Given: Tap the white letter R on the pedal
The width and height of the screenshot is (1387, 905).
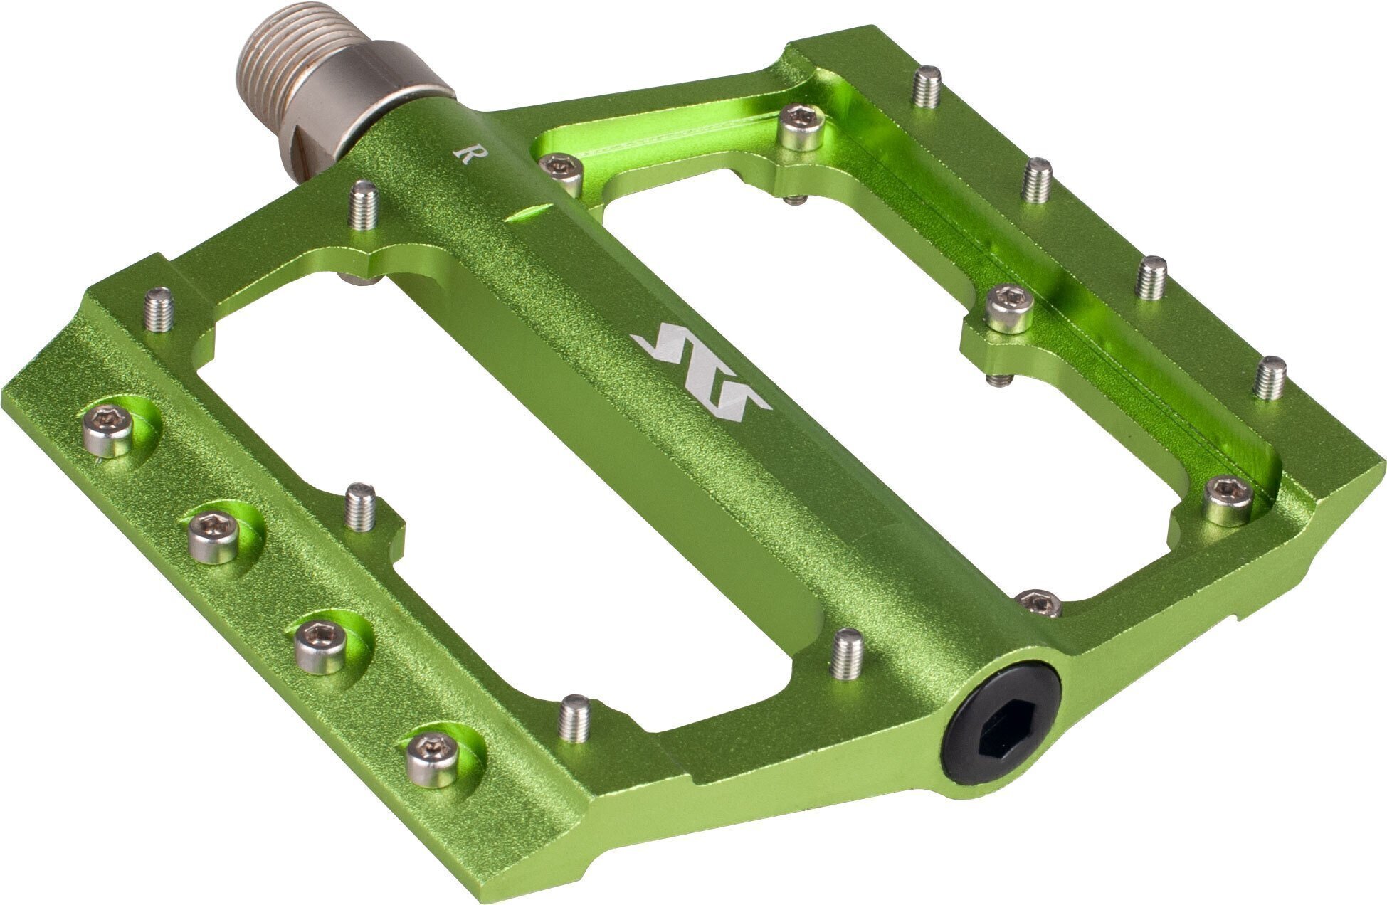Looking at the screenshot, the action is pos(465,154).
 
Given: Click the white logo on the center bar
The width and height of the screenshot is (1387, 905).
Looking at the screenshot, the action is pos(701,369).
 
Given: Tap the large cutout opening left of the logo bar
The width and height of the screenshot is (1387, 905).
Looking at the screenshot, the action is pos(491,498).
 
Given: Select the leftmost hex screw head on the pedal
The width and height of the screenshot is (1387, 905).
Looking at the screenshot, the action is pos(108,429).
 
